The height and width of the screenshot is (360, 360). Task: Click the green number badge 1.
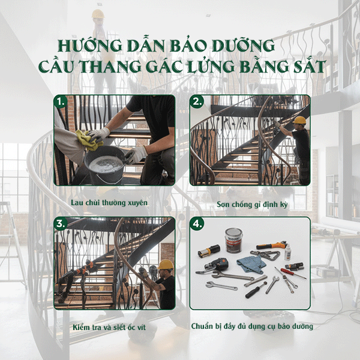click(60, 101)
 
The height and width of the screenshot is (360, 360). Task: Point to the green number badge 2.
click(197, 101)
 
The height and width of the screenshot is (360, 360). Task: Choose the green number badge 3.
click(60, 223)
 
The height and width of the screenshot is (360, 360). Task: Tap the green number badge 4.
click(197, 223)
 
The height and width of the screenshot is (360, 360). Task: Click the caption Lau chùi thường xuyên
click(109, 203)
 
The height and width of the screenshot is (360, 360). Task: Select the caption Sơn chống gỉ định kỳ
click(252, 205)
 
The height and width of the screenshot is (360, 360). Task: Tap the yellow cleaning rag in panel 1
click(89, 140)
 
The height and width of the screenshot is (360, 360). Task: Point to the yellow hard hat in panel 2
click(299, 120)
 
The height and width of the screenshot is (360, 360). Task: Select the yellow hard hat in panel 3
click(166, 265)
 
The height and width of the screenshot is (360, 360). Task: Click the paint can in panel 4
click(233, 240)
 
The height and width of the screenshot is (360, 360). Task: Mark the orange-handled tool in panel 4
click(271, 246)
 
